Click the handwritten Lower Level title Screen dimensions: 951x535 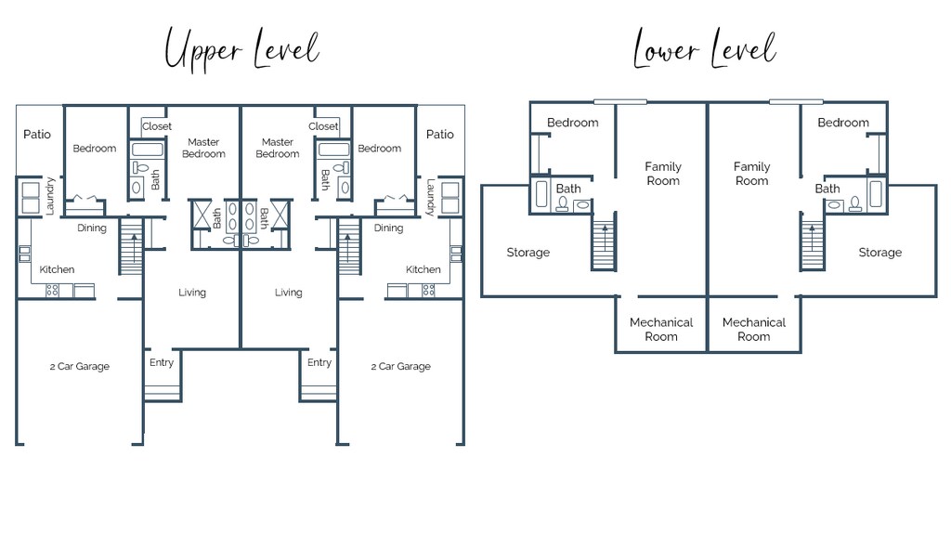tap(705, 48)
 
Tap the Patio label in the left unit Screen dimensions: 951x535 tap(37, 134)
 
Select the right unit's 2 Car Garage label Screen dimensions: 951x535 tap(401, 366)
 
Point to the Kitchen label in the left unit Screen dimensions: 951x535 tap(57, 269)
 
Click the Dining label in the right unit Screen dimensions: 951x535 tap(388, 228)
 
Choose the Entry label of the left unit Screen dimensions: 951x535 tap(162, 363)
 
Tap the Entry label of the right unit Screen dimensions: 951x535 tap(319, 363)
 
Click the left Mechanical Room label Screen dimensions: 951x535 tap(661, 330)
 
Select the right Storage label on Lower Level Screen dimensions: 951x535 tap(880, 253)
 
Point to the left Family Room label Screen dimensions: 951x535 tap(663, 174)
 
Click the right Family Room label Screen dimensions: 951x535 tap(752, 174)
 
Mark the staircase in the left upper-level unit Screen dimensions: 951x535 tap(131, 246)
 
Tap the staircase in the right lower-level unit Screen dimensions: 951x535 tap(813, 245)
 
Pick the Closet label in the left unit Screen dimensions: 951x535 tap(157, 126)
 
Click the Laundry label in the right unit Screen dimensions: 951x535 tap(430, 197)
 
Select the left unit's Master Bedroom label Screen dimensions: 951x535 tap(203, 148)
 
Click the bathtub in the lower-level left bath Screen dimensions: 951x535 tap(542, 194)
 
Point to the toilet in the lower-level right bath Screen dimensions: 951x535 tap(855, 203)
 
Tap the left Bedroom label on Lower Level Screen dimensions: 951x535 tap(572, 123)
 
